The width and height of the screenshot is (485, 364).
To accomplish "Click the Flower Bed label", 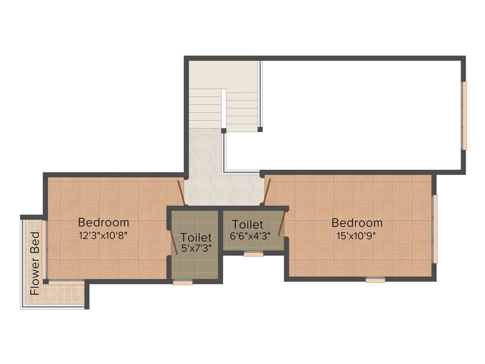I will [35, 264].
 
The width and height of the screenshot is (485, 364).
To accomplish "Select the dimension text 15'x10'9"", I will [357, 235].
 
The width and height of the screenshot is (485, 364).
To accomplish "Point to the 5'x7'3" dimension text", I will [196, 247].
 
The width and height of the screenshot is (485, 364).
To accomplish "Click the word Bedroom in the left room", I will [103, 222].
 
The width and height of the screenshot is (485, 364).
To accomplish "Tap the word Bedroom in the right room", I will [357, 223].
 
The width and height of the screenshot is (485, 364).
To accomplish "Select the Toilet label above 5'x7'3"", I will [196, 237].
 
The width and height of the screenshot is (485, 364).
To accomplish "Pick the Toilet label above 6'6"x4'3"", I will [248, 225].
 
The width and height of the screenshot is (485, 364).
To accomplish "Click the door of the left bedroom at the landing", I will [181, 192].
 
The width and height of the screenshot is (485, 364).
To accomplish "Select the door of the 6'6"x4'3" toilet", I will [282, 224].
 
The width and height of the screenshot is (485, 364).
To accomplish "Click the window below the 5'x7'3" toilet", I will [183, 282].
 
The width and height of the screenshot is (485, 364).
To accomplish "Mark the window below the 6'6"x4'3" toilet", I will [253, 255].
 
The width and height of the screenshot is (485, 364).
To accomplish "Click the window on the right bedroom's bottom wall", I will [375, 280].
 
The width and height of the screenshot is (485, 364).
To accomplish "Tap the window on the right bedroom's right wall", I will [435, 228].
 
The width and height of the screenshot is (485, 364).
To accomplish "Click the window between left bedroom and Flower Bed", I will [44, 249].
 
